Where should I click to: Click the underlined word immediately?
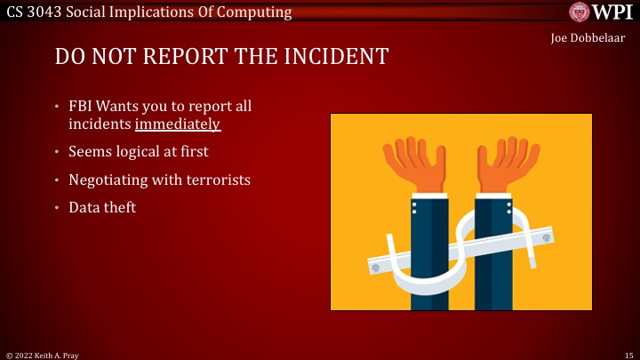(178, 124)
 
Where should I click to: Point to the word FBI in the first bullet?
(82, 106)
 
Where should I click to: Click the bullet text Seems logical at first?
(139, 152)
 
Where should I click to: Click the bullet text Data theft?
(102, 207)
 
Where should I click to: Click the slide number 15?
(628, 354)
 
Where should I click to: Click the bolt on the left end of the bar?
(375, 267)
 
